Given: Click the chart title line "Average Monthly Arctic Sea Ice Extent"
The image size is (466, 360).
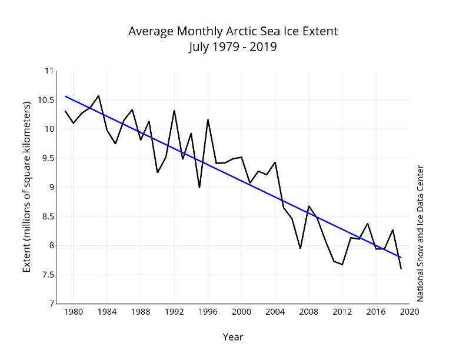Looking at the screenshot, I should (233, 31).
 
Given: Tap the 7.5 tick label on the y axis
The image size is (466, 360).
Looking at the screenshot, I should (46, 275).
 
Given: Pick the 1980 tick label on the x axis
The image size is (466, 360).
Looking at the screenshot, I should (74, 312).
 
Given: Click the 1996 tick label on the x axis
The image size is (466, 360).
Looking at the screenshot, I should (208, 312).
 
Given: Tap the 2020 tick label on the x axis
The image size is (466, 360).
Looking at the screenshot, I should (410, 312).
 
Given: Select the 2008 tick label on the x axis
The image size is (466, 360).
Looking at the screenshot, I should (309, 312).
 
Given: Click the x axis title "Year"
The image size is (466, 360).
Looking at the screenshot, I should (233, 337).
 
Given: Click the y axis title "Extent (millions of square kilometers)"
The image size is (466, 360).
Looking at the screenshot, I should (26, 187).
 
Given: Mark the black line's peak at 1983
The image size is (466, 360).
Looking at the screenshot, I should (98, 95).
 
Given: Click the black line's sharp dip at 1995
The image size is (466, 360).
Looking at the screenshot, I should (199, 187).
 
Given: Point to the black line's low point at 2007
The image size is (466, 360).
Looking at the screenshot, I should (300, 248).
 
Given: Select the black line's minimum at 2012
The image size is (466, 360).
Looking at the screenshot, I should (342, 265).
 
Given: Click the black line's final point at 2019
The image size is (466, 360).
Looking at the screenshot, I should (401, 269).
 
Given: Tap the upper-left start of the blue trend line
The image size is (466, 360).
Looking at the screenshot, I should (65, 96).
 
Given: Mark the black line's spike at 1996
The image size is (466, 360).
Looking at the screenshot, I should (208, 120).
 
